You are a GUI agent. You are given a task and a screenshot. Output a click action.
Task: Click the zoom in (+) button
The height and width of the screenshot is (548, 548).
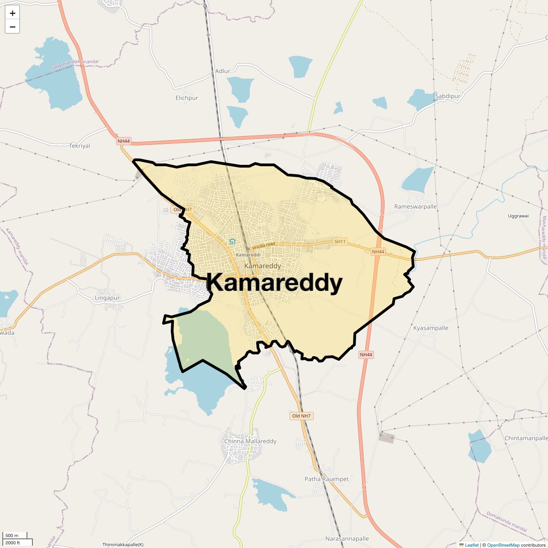pyautogui.click(x=12, y=14)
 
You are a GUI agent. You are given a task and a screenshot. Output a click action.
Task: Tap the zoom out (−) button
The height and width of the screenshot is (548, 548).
pyautogui.click(x=12, y=27)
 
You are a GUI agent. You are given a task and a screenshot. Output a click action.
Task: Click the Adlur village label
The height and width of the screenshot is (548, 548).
pyautogui.click(x=222, y=71)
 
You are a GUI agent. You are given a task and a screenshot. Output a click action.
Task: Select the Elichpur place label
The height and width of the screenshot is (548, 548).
pyautogui.click(x=187, y=98)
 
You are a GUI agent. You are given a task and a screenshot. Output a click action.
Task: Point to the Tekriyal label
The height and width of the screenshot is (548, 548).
pyautogui.click(x=79, y=146)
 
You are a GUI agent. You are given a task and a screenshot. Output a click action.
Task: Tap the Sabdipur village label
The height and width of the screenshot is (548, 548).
pyautogui.click(x=448, y=96)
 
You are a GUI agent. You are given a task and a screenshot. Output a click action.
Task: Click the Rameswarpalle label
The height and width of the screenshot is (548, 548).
pyautogui.click(x=416, y=206)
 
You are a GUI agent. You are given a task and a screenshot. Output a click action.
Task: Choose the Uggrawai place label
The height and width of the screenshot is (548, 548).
pyautogui.click(x=518, y=216)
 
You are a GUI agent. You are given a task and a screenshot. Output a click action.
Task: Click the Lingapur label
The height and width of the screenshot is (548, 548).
pyautogui.click(x=107, y=298)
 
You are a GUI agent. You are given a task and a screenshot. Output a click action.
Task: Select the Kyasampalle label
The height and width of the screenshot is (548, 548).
pyautogui.click(x=431, y=328)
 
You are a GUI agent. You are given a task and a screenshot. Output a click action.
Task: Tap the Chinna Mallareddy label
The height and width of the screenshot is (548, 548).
pyautogui.click(x=250, y=441)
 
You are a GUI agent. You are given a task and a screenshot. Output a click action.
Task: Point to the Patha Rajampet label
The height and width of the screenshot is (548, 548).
pyautogui.click(x=327, y=479)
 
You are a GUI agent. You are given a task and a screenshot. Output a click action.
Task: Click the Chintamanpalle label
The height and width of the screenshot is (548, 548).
pyautogui.click(x=526, y=438)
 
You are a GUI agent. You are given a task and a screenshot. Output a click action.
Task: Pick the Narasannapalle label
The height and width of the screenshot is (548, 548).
pyautogui.click(x=347, y=538)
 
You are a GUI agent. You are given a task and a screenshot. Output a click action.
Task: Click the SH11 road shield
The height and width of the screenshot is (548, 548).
pyautogui.click(x=340, y=241)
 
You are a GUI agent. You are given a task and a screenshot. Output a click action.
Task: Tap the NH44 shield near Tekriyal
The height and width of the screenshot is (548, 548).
pyautogui.click(x=124, y=141)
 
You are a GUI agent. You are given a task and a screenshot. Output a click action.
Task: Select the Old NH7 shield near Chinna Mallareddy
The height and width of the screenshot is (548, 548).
pyautogui.click(x=302, y=416)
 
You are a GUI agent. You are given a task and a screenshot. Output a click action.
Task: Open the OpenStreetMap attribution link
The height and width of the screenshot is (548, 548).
pyautogui.click(x=503, y=545)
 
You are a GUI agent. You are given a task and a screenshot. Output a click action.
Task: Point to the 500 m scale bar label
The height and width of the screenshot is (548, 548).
pyautogui.click(x=12, y=535)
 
